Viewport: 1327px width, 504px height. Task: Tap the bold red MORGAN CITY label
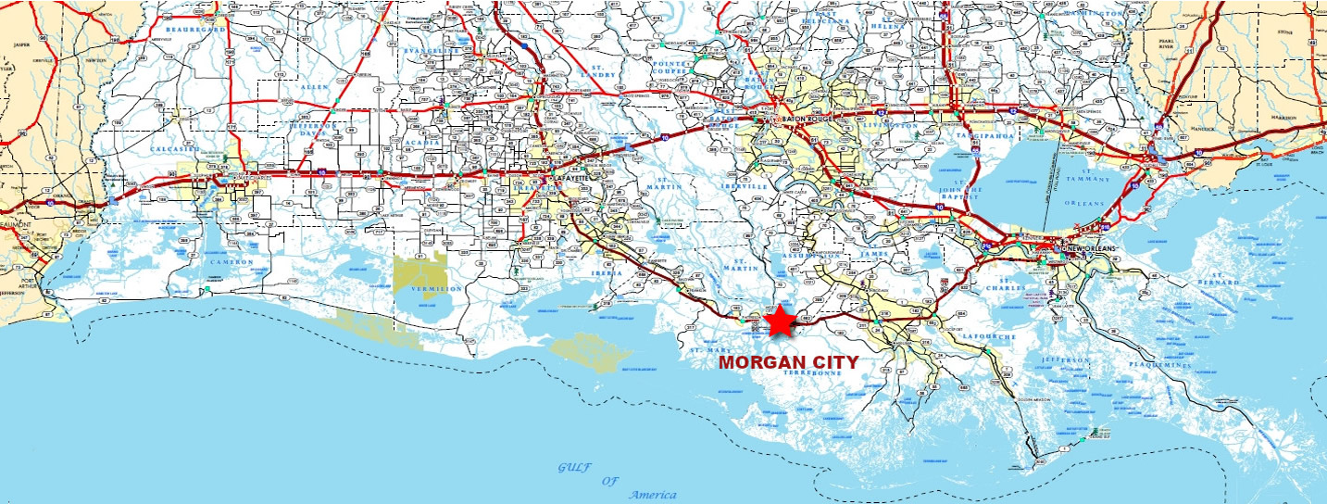(789, 362)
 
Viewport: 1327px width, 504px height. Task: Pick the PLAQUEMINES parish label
(1158, 365)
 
